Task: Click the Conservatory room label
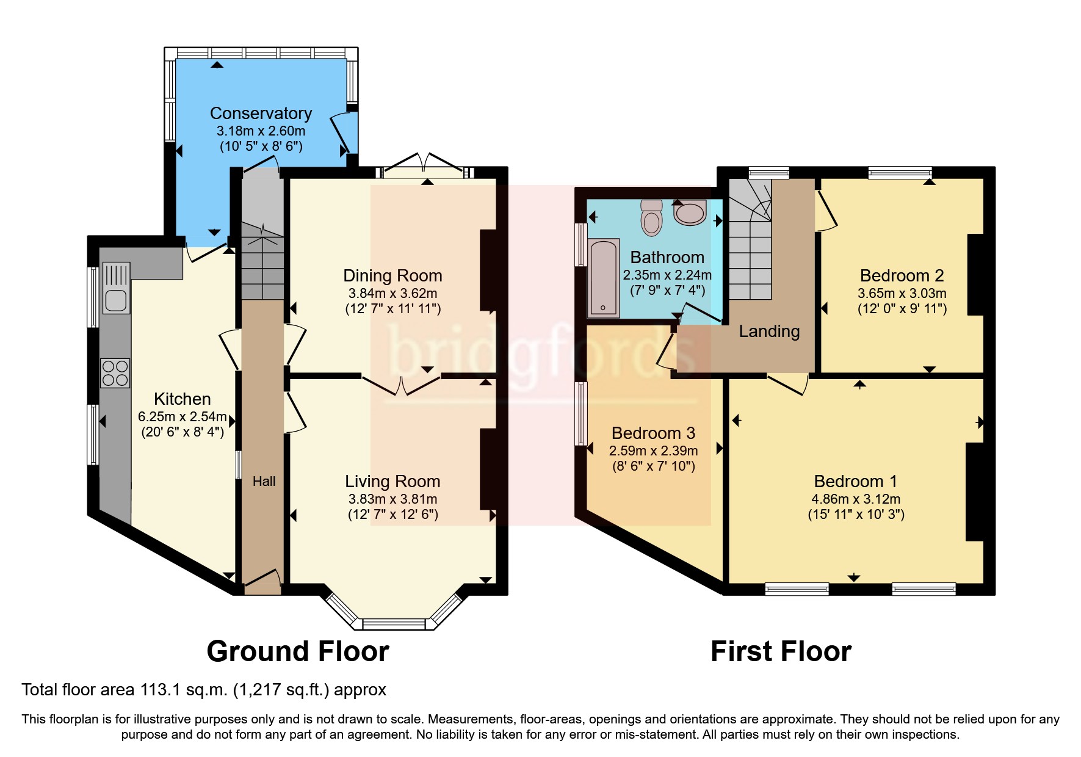tap(261, 114)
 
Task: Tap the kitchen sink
tap(116, 288)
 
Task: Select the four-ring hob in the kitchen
tap(115, 372)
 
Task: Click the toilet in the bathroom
tap(652, 218)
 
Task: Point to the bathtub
tap(603, 278)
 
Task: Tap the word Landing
tap(769, 331)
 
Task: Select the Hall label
tap(264, 482)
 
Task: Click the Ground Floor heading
tap(297, 651)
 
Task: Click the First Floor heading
tap(781, 651)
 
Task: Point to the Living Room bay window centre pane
tap(393, 624)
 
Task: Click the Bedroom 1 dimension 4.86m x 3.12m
tap(856, 499)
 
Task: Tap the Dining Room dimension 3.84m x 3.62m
tap(392, 293)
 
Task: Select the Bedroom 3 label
tap(653, 433)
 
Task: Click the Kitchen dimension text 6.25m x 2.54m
tap(182, 417)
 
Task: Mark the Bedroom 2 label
tap(902, 276)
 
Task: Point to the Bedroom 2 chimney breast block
tap(975, 275)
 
